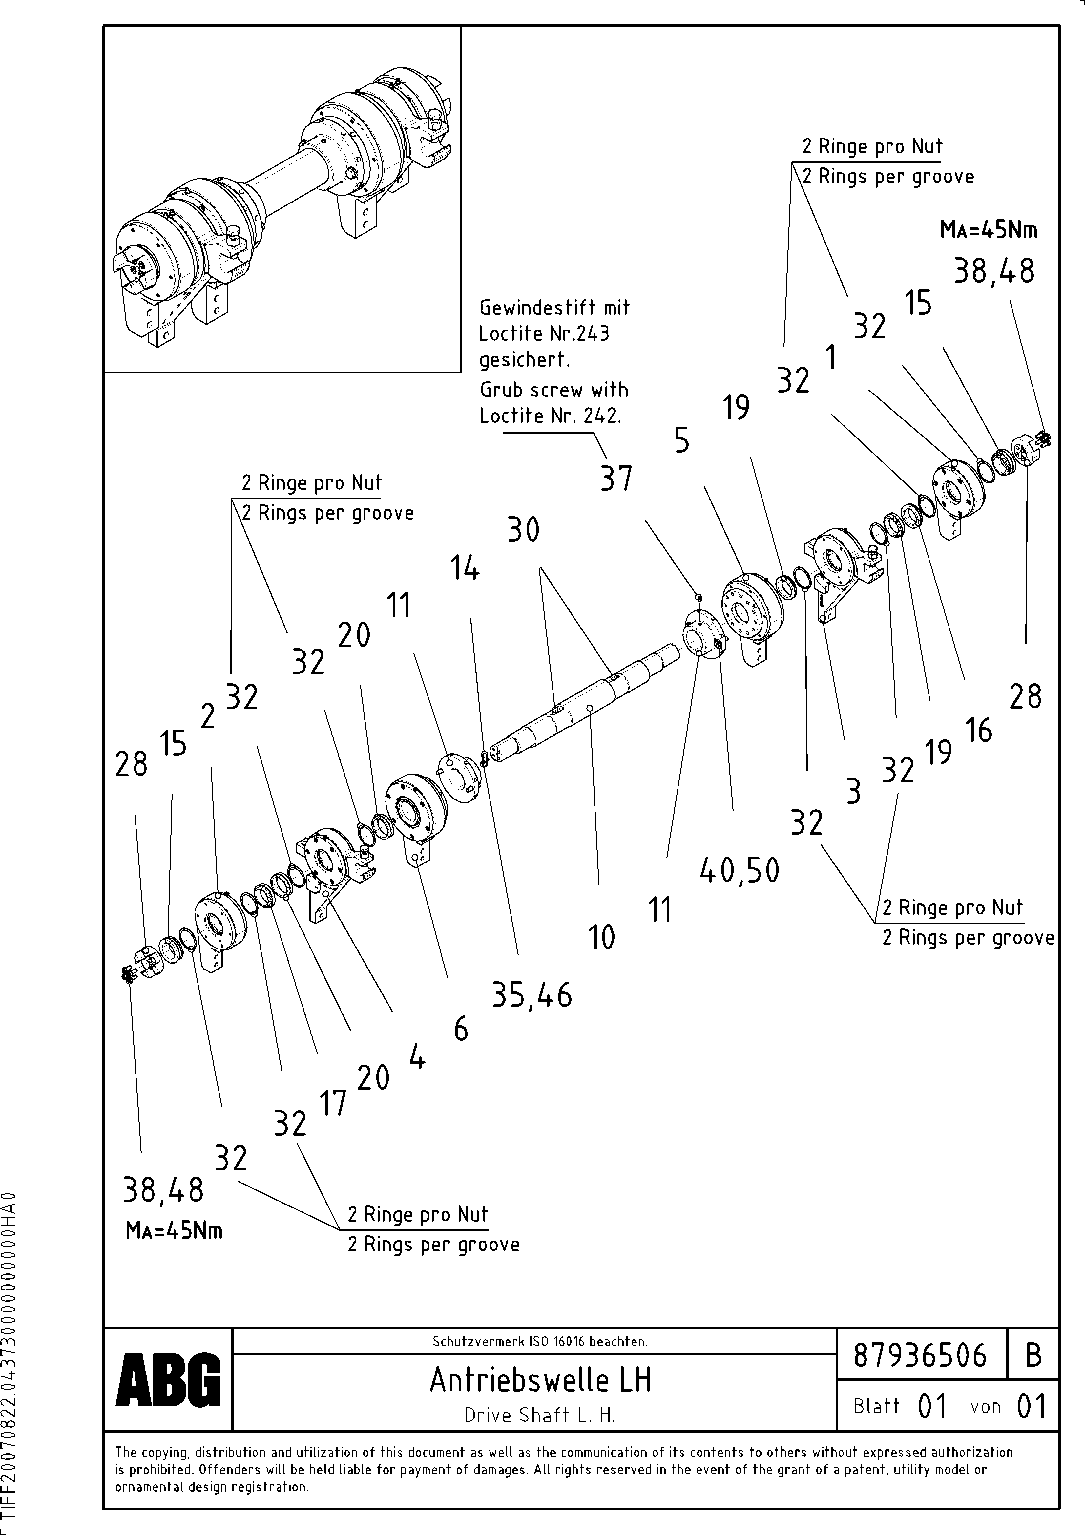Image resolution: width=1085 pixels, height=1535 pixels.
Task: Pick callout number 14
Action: point(465,569)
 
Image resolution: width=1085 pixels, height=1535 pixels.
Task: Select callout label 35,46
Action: point(532,995)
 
